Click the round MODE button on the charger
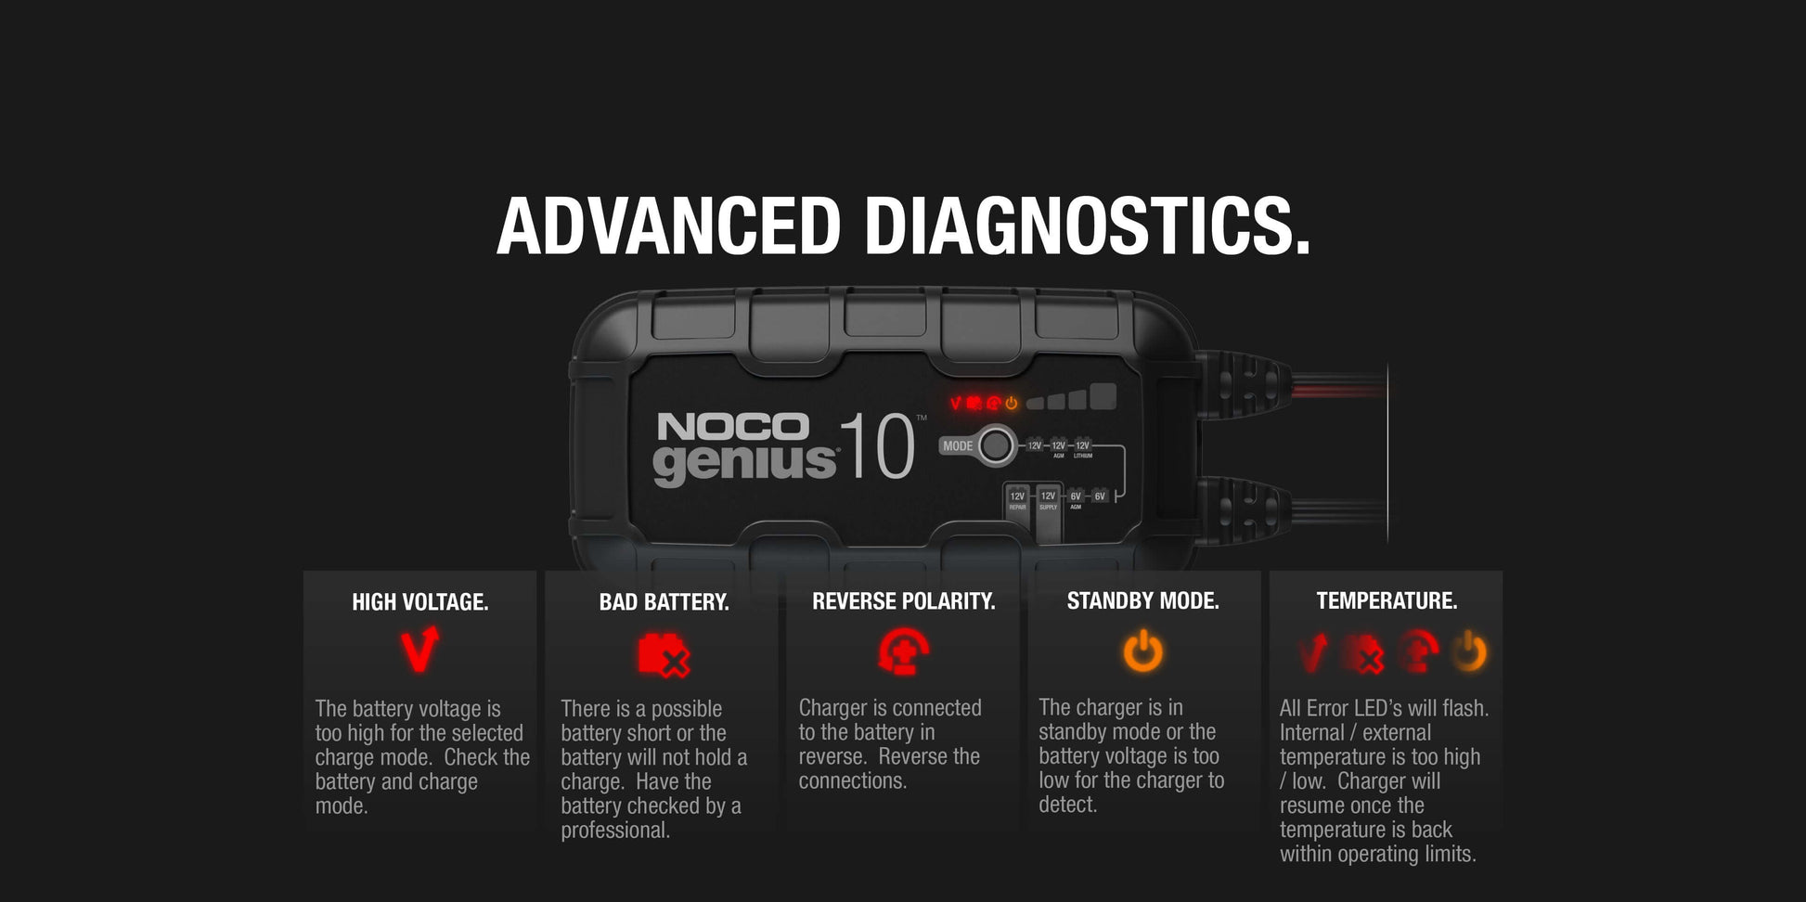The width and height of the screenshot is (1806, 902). pyautogui.click(x=996, y=445)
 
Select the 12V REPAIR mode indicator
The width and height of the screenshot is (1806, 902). pyautogui.click(x=1017, y=501)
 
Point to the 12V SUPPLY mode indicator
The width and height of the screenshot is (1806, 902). pyautogui.click(x=1048, y=501)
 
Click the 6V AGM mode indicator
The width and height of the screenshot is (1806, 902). pyautogui.click(x=1076, y=499)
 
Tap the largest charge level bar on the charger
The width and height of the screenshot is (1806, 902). pyautogui.click(x=1103, y=397)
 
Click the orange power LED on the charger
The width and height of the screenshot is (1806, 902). pyautogui.click(x=1012, y=403)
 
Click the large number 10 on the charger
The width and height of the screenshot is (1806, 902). pyautogui.click(x=876, y=447)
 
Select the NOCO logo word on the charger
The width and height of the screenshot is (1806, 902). pyautogui.click(x=732, y=427)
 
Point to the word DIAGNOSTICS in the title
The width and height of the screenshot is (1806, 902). pyautogui.click(x=1087, y=226)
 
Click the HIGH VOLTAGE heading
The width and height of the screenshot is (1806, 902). pyautogui.click(x=419, y=602)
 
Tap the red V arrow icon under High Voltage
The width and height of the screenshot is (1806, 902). pyautogui.click(x=419, y=650)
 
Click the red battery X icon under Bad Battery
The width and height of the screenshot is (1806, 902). pyautogui.click(x=664, y=654)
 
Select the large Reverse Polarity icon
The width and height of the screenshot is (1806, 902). pyautogui.click(x=903, y=651)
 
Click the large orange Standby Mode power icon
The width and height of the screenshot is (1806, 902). pyautogui.click(x=1142, y=651)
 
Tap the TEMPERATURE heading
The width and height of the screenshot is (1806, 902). pyautogui.click(x=1386, y=601)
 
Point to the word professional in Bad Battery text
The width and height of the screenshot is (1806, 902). pyautogui.click(x=614, y=831)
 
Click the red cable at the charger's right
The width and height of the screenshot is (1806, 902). pyautogui.click(x=1336, y=383)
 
